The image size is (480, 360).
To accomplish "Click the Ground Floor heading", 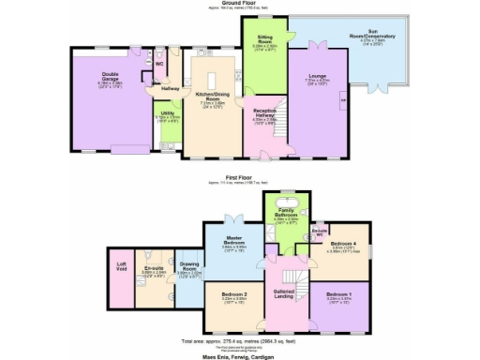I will (x=240, y=4).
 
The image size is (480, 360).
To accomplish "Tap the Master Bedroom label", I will (x=234, y=241).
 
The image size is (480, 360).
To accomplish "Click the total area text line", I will (x=240, y=340).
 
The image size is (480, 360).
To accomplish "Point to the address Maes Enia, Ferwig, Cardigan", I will (x=240, y=355).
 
